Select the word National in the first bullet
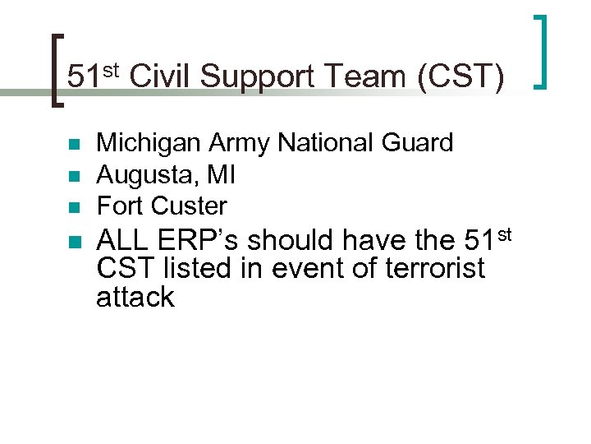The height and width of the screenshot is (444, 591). pos(327,143)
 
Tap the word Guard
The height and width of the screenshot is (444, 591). pos(418,143)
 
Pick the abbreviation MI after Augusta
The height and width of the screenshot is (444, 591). pos(222,174)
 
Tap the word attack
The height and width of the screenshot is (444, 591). pos(135,297)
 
